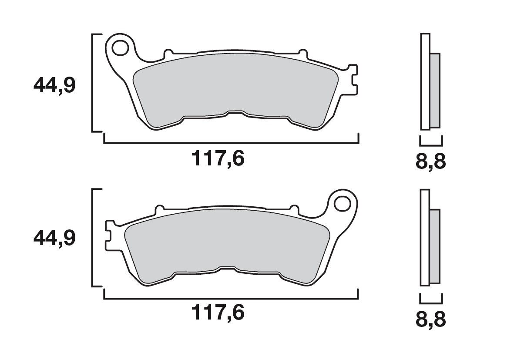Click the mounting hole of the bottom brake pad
point(343,203)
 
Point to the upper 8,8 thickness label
point(431,162)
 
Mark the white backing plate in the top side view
point(425,82)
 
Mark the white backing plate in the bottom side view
point(425,238)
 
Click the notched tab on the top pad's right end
point(354,78)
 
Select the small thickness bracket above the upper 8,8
point(431,142)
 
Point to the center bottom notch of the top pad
point(235,113)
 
